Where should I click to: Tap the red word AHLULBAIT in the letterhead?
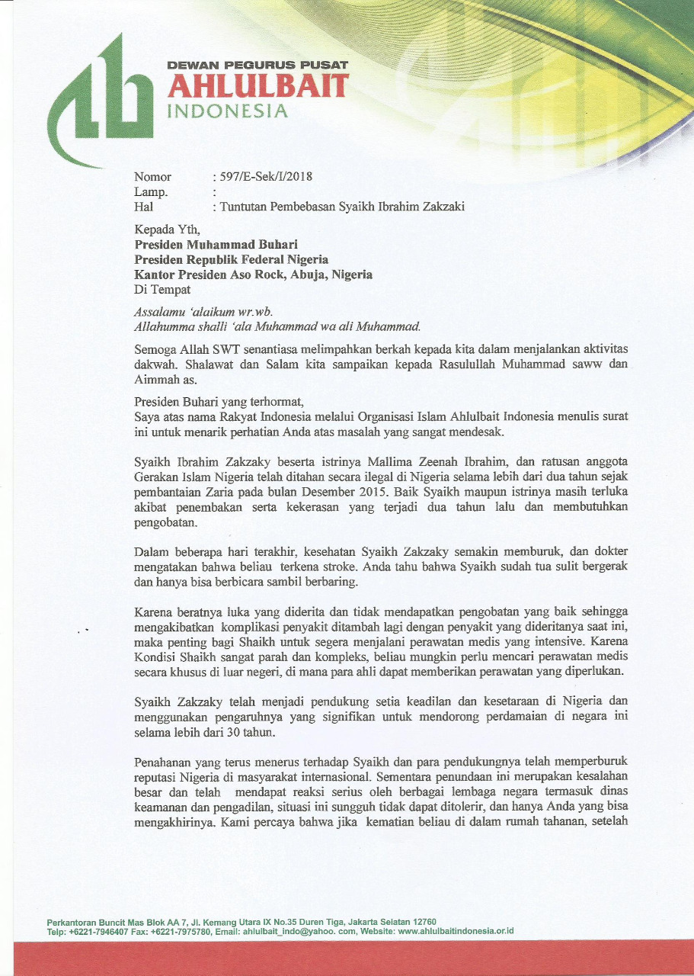[257, 86]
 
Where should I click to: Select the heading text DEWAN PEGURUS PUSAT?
[257, 66]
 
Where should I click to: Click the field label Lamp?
[151, 192]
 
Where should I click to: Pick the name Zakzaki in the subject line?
[443, 207]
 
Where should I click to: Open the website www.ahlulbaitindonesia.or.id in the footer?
[456, 931]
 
